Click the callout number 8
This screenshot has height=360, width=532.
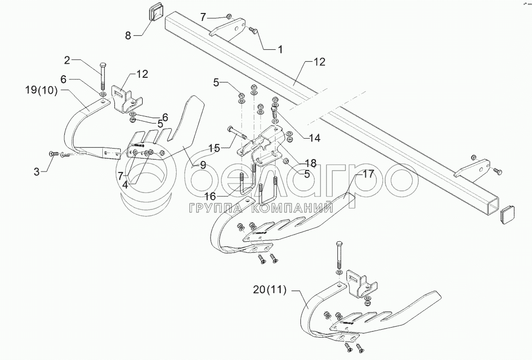(x=128, y=36)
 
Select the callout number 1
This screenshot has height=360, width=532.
(x=280, y=49)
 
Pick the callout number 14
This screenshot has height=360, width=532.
(x=314, y=138)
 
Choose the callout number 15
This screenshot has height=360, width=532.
(x=213, y=148)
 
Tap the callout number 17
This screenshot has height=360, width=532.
(x=368, y=175)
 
